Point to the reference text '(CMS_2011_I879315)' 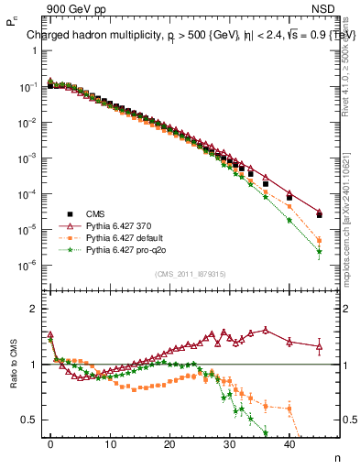tap(186, 274)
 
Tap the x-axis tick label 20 tap(169, 443)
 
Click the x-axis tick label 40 tap(289, 443)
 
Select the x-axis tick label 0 tap(50, 443)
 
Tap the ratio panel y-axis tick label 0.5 tap(28, 420)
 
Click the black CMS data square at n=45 tap(319, 215)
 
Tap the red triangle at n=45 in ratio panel tap(319, 345)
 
